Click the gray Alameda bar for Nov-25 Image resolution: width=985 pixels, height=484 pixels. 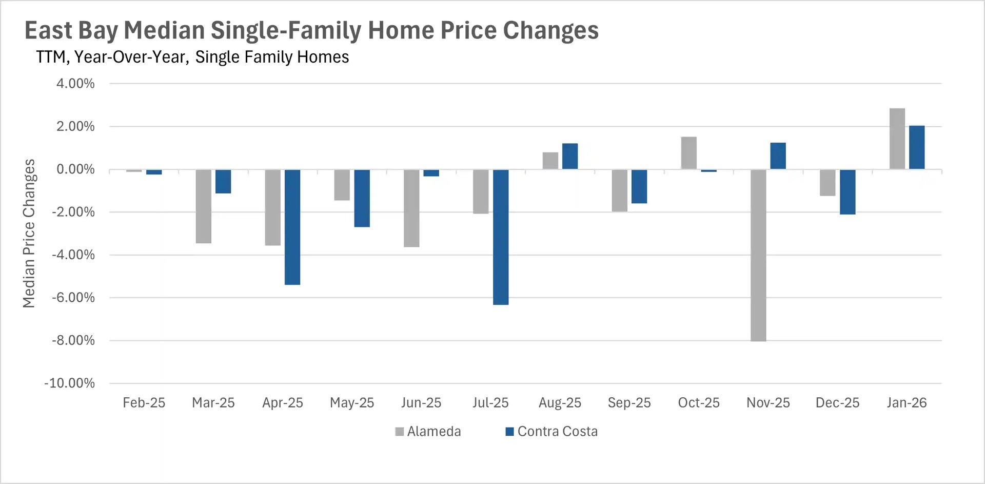pos(758,255)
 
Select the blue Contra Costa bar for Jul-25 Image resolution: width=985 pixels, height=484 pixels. pos(500,237)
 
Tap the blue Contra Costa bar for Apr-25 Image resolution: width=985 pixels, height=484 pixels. pos(292,227)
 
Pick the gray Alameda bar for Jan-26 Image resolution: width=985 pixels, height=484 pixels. pos(897,139)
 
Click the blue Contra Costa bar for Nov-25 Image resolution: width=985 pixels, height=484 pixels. pos(778,156)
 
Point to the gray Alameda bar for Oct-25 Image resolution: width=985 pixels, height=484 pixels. pos(688,153)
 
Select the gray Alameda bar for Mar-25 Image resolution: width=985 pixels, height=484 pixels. pos(203,206)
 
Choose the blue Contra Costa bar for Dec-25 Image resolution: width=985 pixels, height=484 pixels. pos(847,192)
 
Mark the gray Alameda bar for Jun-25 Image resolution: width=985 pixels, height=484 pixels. pos(411,208)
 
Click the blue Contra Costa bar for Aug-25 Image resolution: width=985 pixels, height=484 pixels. pos(569,156)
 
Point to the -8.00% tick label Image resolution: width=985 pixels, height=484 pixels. pos(73,340)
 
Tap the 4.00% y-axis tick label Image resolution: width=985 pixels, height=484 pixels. pos(75,84)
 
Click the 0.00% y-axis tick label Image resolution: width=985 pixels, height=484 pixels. pos(75,169)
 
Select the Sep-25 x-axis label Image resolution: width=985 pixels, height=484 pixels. pos(629,403)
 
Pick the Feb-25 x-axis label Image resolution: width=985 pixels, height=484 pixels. pos(144,403)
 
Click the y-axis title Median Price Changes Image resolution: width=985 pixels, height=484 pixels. pos(29,234)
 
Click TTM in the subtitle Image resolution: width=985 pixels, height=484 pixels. pos(51,57)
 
